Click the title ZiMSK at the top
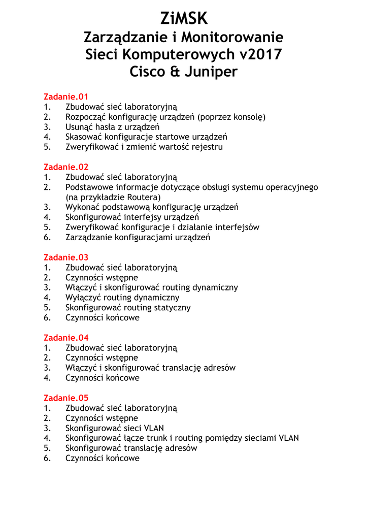(184, 19)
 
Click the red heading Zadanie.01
(66, 96)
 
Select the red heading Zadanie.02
(66, 167)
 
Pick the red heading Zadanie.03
(66, 257)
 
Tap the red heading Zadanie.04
(66, 338)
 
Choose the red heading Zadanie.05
(66, 398)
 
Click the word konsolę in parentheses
(247, 117)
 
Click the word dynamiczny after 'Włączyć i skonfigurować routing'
(216, 287)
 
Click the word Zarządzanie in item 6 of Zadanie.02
(89, 237)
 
